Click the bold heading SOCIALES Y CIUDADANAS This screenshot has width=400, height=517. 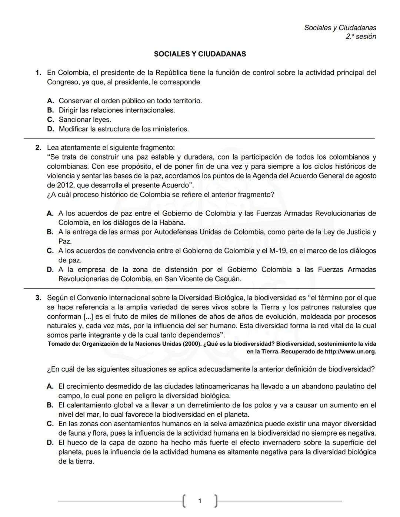point(200,54)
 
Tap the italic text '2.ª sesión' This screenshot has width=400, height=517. point(361,37)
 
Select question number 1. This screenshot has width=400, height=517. point(38,73)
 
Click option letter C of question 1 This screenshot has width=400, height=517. point(51,120)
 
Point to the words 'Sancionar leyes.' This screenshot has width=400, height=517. point(85,120)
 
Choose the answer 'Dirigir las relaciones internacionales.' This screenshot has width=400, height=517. point(117,110)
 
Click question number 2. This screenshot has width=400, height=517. point(38,148)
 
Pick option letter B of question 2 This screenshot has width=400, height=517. point(50,232)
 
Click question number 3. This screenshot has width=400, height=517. point(38,298)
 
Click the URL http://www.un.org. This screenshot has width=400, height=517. point(350,352)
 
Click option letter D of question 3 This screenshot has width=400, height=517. point(50,443)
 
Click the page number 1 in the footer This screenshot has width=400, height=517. point(200,501)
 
